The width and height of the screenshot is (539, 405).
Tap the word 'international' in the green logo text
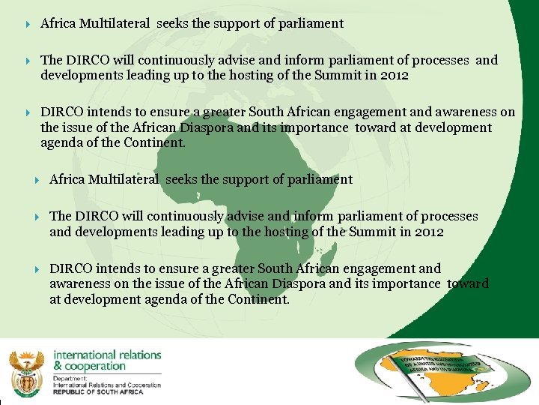pos(83,355)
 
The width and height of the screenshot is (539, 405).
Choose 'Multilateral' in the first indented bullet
pos(124,179)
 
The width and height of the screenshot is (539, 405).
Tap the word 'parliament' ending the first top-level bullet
pos(311,23)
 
